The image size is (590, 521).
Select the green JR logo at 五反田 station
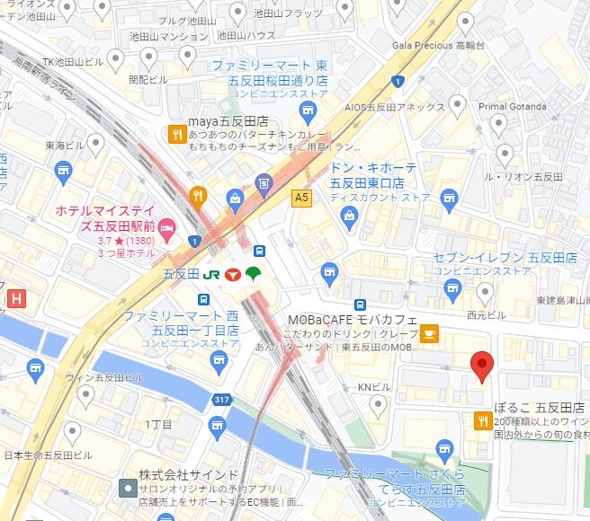coord(213,273)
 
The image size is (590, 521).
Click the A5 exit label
coord(300,195)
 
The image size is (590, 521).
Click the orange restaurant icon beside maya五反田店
coord(175,135)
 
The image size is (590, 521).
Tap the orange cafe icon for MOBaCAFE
coord(430,334)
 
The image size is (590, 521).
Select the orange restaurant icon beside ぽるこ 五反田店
coord(484,419)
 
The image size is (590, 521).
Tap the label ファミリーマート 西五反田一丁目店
coord(181,323)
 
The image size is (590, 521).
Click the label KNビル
coord(374,387)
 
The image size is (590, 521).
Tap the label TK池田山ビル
coord(74,61)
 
